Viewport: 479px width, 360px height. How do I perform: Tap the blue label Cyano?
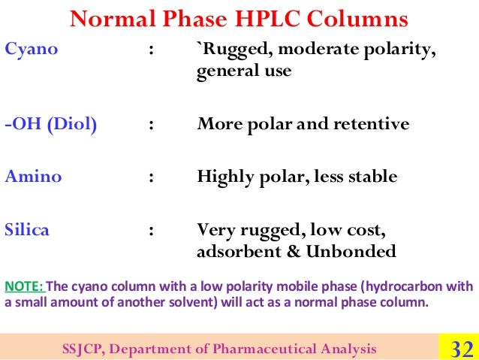pos(32,50)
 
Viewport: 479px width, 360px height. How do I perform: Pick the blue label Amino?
pos(34,177)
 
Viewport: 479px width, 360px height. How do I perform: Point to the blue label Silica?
pos(28,230)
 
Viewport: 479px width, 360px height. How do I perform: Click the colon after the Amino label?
pos(152,178)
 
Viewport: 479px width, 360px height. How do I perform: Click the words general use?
pos(244,73)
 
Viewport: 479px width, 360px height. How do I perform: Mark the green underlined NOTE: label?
pos(26,286)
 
